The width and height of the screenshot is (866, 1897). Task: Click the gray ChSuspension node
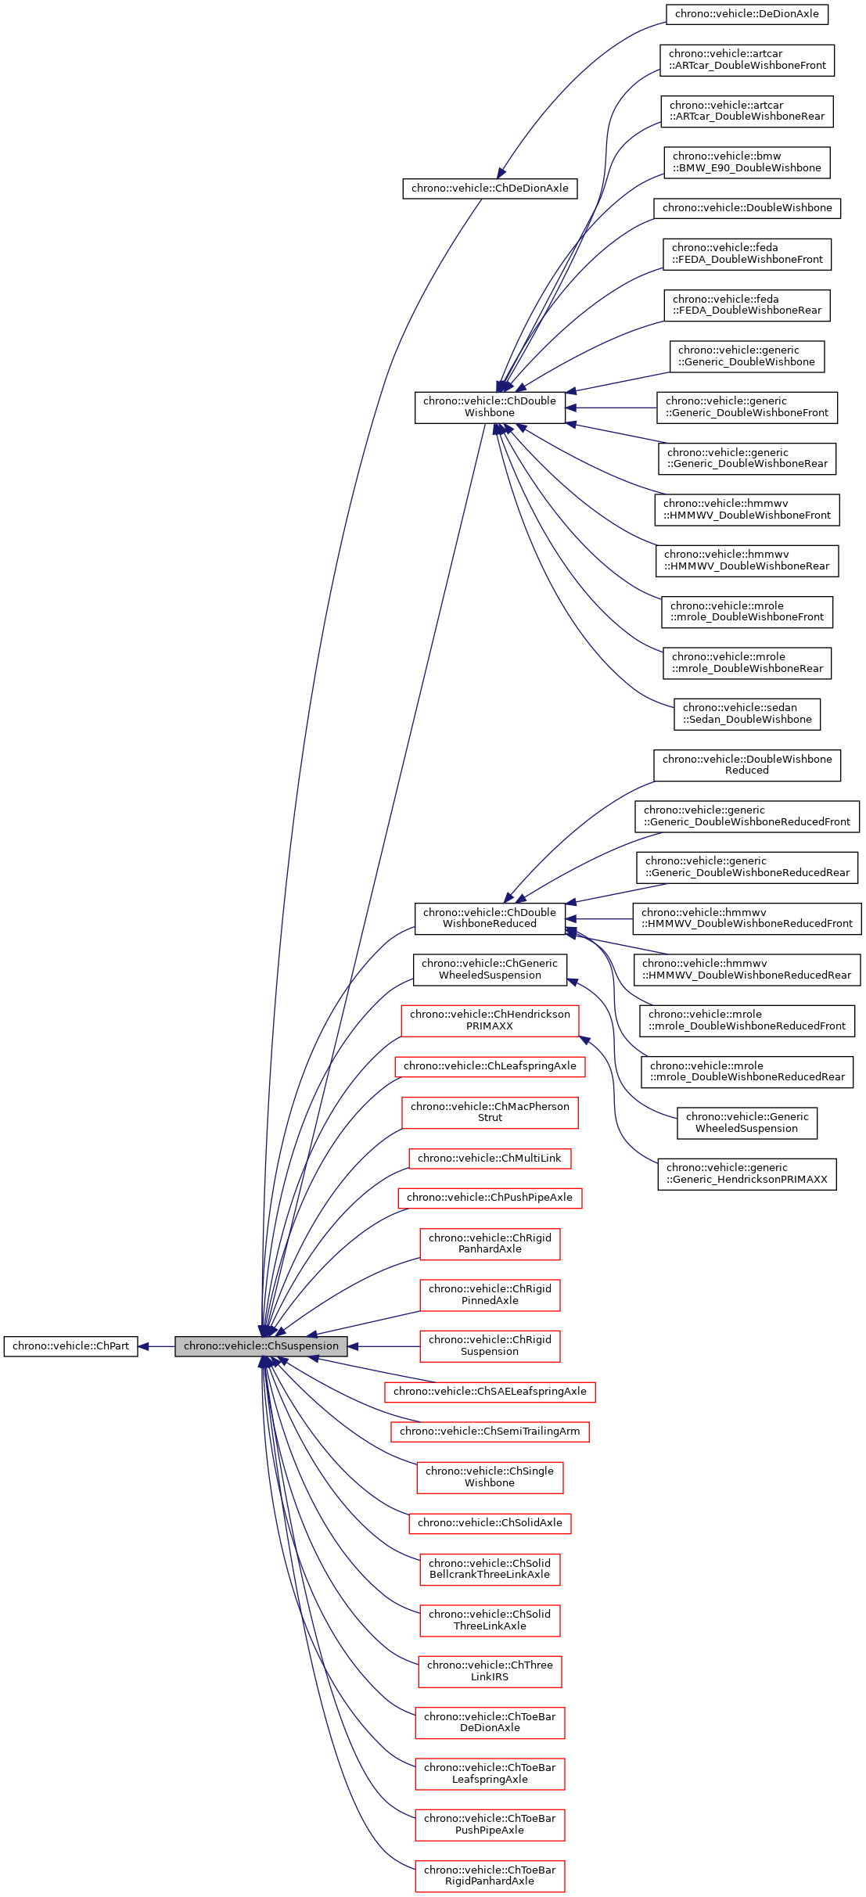pos(261,1346)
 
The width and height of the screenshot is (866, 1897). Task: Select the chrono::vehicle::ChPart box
pos(70,1346)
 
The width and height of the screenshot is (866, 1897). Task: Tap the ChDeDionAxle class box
pos(490,189)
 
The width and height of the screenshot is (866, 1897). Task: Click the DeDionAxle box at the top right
pos(746,14)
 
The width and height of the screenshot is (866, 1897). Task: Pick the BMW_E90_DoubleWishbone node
pos(746,162)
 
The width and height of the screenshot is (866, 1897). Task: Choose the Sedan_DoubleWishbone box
pos(746,713)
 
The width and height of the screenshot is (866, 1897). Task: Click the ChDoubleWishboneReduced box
pos(490,918)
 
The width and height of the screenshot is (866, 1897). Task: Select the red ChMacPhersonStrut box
pos(490,1112)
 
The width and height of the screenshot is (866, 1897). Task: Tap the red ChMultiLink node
pos(490,1158)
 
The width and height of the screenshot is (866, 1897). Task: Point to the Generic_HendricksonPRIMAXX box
pos(746,1173)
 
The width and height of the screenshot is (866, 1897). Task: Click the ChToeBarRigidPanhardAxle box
pos(490,1875)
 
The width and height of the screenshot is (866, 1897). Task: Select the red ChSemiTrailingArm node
pos(490,1431)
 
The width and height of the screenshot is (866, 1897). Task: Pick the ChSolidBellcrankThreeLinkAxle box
pos(490,1568)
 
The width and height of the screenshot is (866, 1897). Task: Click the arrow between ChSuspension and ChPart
pos(156,1346)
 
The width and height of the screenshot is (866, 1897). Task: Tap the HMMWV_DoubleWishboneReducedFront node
pos(746,918)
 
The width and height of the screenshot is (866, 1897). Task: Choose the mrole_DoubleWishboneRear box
pos(746,663)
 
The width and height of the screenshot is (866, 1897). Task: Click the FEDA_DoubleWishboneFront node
pos(746,253)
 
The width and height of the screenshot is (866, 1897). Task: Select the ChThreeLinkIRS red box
pos(490,1670)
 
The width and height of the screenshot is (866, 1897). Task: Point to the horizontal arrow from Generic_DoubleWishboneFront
pos(610,408)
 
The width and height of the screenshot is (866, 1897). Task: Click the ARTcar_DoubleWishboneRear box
pos(746,111)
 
